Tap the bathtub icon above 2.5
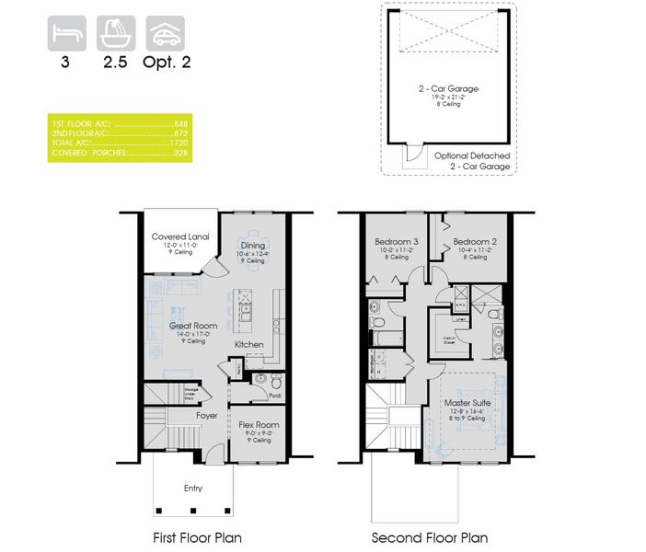click(x=116, y=35)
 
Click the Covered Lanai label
click(x=181, y=237)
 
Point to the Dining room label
click(x=253, y=246)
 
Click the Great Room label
click(x=191, y=326)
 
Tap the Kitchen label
click(x=249, y=345)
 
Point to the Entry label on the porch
click(x=192, y=489)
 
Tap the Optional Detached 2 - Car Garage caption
click(x=472, y=163)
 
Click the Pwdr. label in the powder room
click(x=275, y=396)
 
